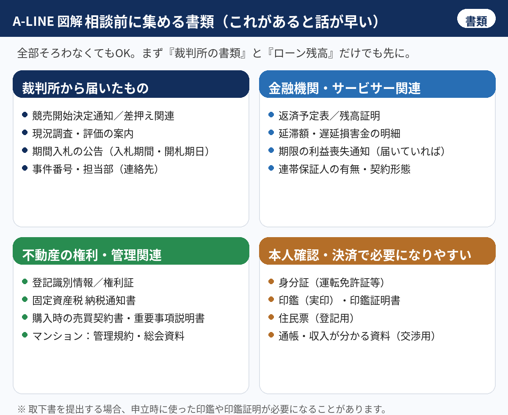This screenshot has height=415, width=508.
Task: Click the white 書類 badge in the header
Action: tap(476, 19)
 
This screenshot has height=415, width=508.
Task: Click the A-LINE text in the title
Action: tap(33, 22)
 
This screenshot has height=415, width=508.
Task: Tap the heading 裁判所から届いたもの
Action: tap(85, 88)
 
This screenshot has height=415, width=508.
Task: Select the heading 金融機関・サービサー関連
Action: tap(345, 88)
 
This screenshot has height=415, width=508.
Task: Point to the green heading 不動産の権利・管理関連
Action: tap(92, 255)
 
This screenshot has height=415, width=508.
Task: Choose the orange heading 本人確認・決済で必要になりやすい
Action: tap(370, 255)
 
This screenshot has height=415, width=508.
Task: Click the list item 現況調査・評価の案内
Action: tap(83, 133)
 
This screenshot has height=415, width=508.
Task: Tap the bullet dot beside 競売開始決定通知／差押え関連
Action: tap(25, 114)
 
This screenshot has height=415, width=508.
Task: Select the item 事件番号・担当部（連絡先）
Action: tap(95, 169)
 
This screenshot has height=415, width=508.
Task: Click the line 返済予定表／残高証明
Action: tap(329, 116)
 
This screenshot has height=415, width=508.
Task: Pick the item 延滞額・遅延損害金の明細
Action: tap(340, 133)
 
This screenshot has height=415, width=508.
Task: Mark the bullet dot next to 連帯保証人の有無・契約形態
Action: tap(271, 168)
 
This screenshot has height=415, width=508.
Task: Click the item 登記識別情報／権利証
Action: tap(83, 283)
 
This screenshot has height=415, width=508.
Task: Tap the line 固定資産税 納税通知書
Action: tap(84, 301)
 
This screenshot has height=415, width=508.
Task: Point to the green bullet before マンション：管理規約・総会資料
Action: tap(25, 335)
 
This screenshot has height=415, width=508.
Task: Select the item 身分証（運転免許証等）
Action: tap(331, 283)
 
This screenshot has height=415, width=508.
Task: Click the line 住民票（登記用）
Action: tap(317, 318)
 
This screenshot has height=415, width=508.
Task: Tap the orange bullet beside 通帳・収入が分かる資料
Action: tap(271, 335)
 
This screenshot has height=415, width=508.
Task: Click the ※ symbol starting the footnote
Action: tap(22, 409)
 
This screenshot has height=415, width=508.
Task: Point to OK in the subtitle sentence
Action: tap(123, 53)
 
